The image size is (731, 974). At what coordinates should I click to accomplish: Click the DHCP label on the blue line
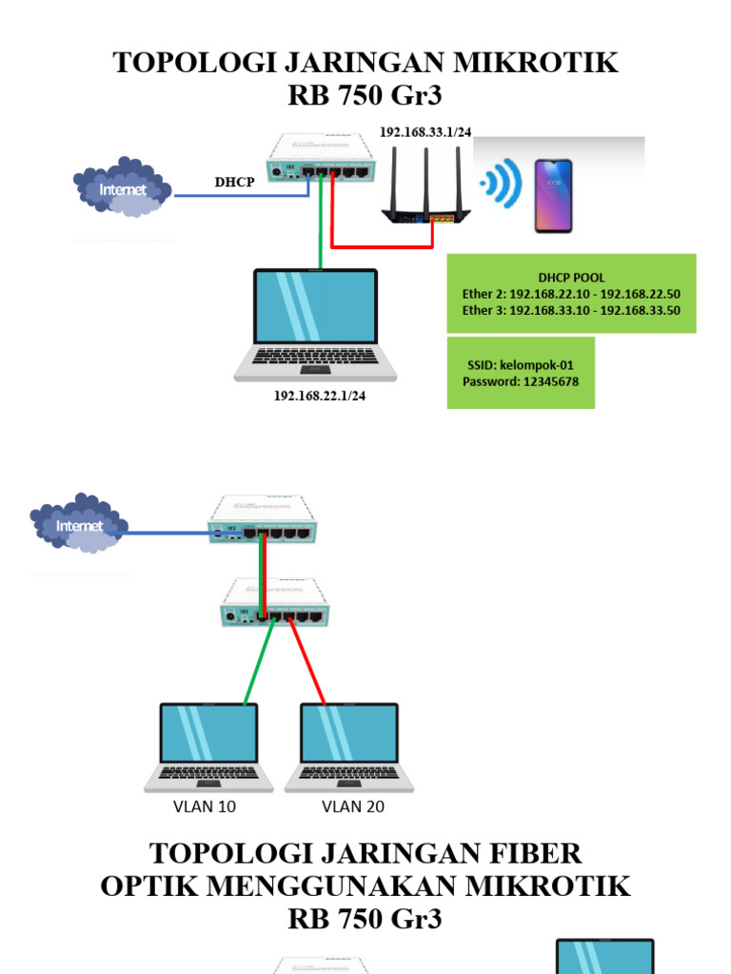coord(233,182)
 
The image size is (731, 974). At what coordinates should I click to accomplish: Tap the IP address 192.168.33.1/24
coord(425,132)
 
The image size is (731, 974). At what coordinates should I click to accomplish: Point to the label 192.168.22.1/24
coord(320,396)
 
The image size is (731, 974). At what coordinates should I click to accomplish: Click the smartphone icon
coord(552,196)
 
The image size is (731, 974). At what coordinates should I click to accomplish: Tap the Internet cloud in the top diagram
coord(123,189)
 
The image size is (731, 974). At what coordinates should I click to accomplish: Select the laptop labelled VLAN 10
coord(208,748)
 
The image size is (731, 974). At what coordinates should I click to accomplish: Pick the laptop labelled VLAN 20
coord(348,748)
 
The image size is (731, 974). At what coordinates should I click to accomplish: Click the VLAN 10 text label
coord(204,807)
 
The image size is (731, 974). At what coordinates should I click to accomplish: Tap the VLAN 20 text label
coord(352,807)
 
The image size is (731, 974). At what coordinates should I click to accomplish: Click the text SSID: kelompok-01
coord(519,364)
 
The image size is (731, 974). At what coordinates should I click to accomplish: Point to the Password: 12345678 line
coord(520,381)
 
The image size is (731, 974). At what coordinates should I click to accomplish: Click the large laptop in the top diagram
coord(316,323)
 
